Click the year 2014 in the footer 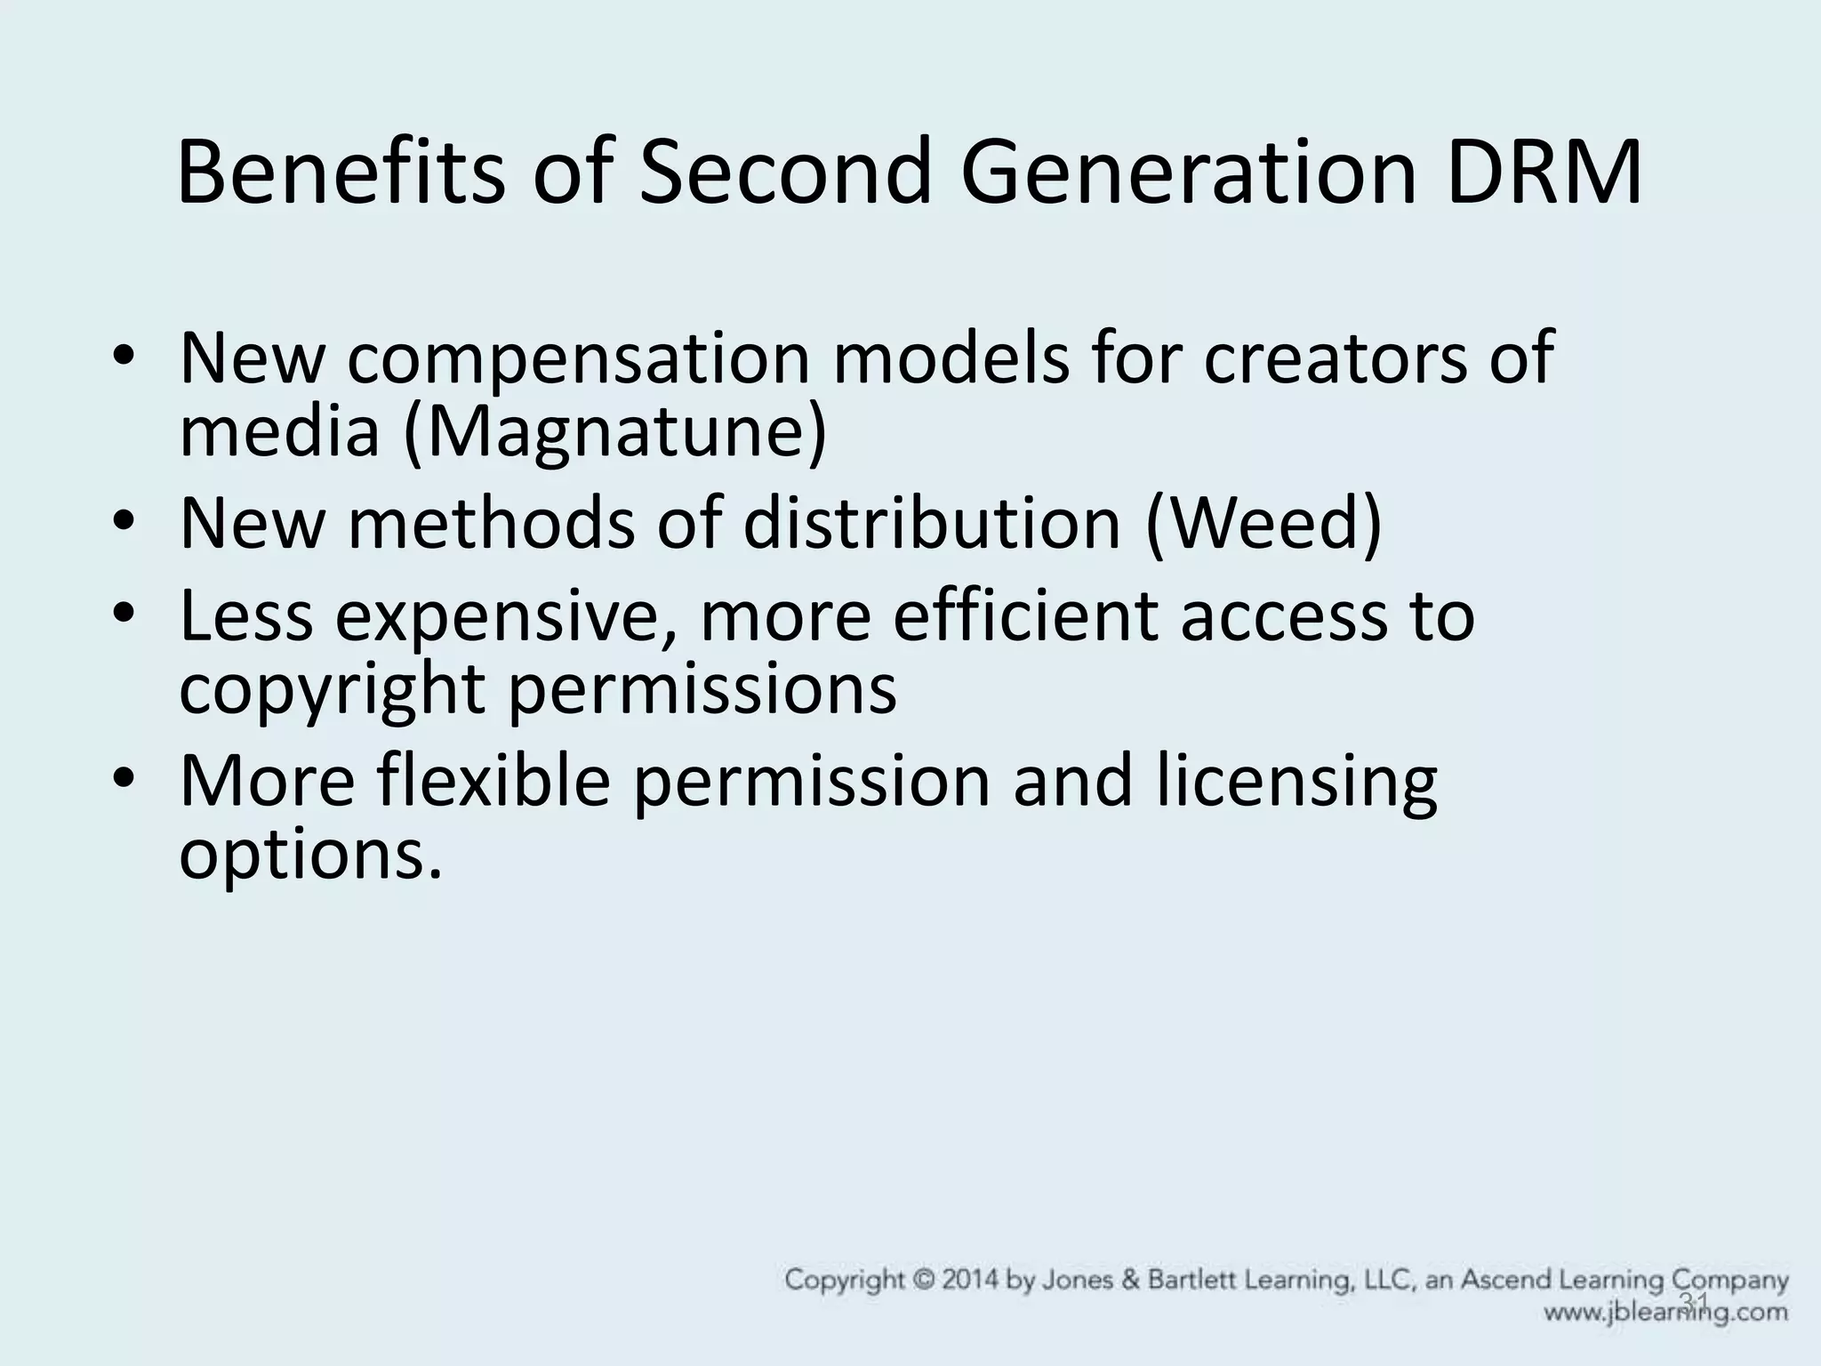click(952, 1282)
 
